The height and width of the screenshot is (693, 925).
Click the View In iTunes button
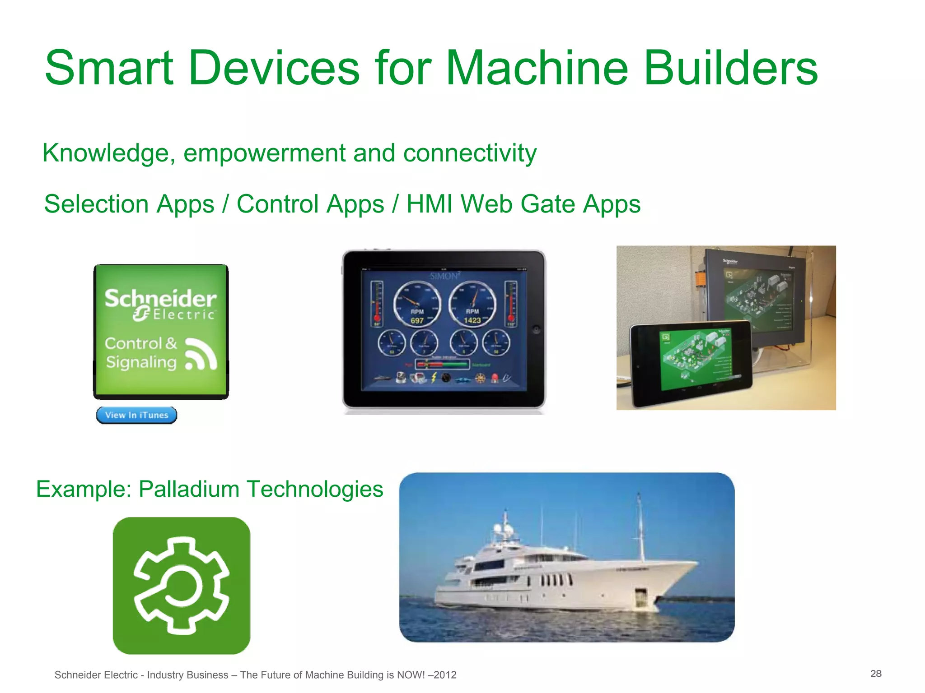click(136, 415)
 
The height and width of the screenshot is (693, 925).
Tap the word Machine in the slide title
click(537, 69)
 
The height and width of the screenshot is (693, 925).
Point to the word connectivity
click(470, 153)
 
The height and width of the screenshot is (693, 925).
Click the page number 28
click(876, 674)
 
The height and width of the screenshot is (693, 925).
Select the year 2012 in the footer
click(446, 675)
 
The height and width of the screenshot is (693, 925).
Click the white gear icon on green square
click(182, 586)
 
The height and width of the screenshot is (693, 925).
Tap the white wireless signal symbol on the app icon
click(201, 355)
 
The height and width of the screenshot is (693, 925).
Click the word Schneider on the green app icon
click(160, 298)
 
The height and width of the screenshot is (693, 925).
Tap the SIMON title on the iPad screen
click(444, 276)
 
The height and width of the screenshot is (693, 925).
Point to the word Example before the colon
click(81, 489)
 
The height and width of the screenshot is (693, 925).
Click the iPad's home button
click(536, 329)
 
